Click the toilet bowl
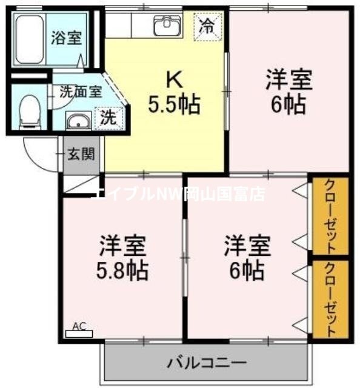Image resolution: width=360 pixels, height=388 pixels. pos(28,113)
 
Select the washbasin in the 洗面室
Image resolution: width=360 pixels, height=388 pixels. pos(78,121)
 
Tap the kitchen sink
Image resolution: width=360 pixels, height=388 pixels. pos(167,26)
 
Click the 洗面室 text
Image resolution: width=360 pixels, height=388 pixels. pos(81,93)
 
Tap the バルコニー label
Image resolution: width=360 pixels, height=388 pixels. pos(206,363)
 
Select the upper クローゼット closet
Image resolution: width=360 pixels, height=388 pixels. pos(330,216)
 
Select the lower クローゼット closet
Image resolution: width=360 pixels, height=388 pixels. pos(330,298)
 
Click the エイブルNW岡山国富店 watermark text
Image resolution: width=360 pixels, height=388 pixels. pos(179,193)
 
